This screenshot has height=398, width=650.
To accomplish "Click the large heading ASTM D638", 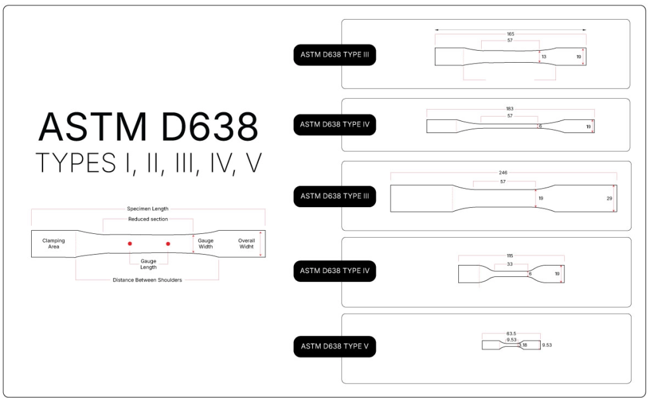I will coord(148,127).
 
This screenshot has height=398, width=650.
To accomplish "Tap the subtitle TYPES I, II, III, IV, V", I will coord(148,163).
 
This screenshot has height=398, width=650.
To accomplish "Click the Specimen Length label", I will coord(148,209).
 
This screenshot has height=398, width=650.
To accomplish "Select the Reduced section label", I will coord(148,219).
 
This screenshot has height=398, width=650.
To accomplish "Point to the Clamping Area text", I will coord(54,243).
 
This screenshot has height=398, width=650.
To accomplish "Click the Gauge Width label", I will coord(206,243).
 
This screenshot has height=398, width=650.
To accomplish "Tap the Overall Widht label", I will coord(246,243).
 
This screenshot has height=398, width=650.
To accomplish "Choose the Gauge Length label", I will coord(149,264).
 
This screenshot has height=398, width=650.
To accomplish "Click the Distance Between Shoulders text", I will coord(147,280).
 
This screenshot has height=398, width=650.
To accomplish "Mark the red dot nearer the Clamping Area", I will coord(129,243).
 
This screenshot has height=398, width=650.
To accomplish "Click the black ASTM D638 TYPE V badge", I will coord(335,347).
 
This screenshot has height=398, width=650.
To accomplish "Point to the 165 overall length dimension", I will coord(510,34).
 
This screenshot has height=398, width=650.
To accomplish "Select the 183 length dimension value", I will coord(510,109).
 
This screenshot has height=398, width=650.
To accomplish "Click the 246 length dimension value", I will coord(503,172).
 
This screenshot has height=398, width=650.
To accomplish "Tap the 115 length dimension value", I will coord(510,256).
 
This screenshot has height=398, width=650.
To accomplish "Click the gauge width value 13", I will coord(544,56).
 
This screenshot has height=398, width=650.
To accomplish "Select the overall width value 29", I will coord(610,198).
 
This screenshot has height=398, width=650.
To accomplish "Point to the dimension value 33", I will coord(510,264).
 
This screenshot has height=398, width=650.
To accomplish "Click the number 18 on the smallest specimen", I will coord(524,345).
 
